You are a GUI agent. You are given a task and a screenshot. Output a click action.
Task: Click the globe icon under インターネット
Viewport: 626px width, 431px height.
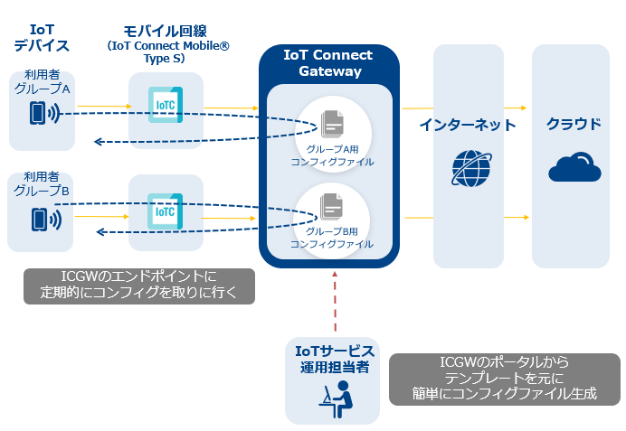click(471, 168)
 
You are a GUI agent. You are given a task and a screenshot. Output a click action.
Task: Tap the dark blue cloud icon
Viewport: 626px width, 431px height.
click(574, 167)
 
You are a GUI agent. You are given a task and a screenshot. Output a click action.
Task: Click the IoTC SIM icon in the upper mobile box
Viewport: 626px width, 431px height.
click(166, 105)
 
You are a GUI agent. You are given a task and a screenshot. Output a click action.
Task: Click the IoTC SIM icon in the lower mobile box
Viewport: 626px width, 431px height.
click(166, 211)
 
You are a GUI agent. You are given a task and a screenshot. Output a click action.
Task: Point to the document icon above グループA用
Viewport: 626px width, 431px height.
click(333, 123)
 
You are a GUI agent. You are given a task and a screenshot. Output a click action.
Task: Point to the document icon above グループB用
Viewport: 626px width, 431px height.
click(331, 207)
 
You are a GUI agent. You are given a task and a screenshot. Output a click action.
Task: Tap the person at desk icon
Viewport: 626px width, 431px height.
click(337, 399)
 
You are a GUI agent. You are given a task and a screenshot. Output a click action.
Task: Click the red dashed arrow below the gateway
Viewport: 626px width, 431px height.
click(335, 302)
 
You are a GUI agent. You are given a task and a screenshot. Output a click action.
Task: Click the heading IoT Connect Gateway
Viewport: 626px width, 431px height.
click(328, 63)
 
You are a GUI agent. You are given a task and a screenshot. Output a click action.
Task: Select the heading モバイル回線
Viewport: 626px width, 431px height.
click(165, 31)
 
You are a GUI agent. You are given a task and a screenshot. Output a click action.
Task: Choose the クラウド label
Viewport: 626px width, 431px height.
click(574, 124)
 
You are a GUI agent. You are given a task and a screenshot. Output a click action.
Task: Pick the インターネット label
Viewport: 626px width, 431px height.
click(468, 125)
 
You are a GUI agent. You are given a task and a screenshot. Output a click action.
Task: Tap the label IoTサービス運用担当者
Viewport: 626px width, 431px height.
click(335, 359)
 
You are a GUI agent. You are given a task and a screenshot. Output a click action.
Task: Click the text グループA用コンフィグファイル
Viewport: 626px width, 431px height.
click(332, 155)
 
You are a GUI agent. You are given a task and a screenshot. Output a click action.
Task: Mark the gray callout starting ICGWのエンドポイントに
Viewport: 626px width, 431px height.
click(139, 286)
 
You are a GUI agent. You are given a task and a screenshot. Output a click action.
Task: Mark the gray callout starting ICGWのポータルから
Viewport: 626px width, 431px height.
click(505, 379)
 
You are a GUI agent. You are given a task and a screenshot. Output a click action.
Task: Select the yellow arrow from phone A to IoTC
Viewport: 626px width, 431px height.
click(104, 106)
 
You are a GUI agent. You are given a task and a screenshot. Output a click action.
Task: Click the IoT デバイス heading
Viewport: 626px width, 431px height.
click(42, 37)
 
